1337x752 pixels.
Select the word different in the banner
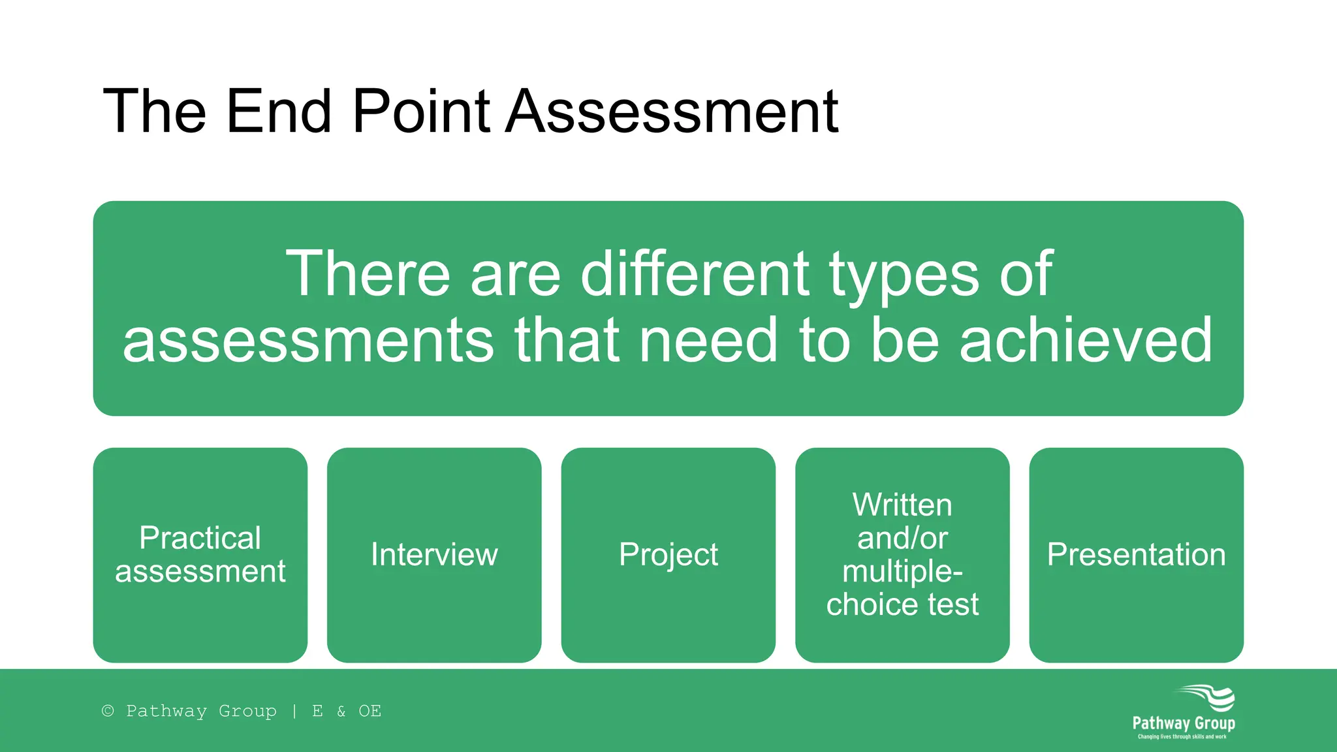[x=695, y=274]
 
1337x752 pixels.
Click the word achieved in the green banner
[x=1086, y=340]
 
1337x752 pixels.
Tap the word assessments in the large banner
[x=308, y=340]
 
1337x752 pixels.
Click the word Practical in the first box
[x=200, y=539]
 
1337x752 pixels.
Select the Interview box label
[x=434, y=555]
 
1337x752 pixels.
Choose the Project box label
[x=668, y=555]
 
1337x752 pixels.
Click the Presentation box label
[x=1136, y=555]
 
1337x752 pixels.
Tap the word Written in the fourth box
[x=902, y=505]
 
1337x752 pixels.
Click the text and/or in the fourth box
[x=902, y=539]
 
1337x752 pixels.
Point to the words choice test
[x=902, y=604]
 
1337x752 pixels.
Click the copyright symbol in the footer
[x=108, y=711]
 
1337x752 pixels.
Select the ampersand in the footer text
[x=341, y=711]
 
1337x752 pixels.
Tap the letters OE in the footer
[x=370, y=711]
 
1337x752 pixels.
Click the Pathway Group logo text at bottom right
[x=1183, y=723]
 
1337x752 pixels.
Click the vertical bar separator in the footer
[x=294, y=711]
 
